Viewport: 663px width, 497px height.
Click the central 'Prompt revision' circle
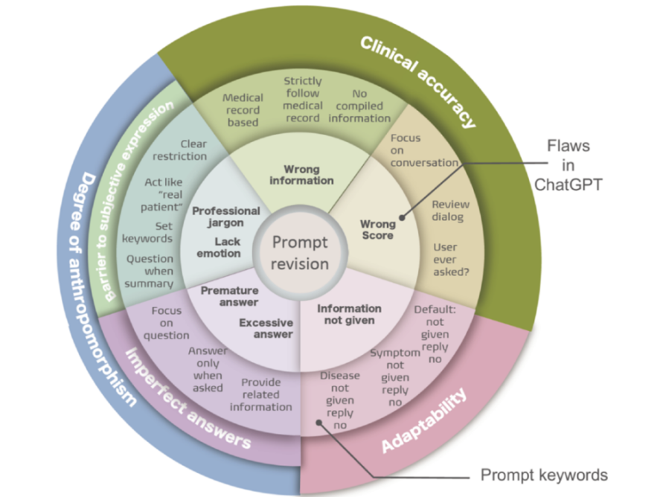300,253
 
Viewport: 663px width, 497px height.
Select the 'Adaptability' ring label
425,420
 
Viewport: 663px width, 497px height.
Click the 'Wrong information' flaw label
301,174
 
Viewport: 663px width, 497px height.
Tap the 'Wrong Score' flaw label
377,229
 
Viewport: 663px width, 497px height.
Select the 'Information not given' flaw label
349,314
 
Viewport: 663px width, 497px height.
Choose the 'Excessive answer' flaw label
266,328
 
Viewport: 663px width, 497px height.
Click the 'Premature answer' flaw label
229,296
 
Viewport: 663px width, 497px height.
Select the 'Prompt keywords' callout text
544,475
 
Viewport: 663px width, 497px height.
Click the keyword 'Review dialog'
447,211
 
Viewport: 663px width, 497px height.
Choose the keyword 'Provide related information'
260,394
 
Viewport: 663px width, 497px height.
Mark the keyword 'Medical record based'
243,109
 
